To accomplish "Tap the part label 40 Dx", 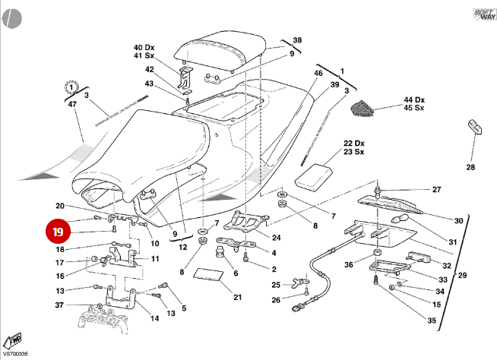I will click(144, 46).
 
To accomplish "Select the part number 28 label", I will click(470, 167).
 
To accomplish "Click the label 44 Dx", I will click(414, 99).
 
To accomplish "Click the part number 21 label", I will click(237, 296).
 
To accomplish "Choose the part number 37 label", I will click(59, 305).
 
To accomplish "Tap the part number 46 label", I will click(318, 73).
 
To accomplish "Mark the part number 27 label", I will click(436, 189).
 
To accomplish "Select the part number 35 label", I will click(432, 321).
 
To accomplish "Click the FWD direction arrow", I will click(13, 339).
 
